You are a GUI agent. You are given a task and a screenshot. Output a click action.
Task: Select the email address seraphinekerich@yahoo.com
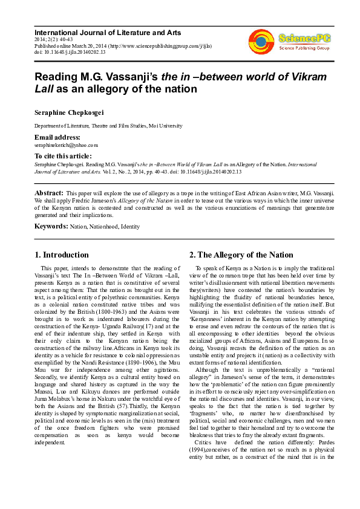[x=66, y=145]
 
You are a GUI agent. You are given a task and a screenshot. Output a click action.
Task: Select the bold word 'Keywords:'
[x=51, y=227]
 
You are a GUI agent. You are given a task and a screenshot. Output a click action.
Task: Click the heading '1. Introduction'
[x=62, y=254]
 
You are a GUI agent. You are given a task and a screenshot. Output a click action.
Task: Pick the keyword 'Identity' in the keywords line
[x=131, y=227]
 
